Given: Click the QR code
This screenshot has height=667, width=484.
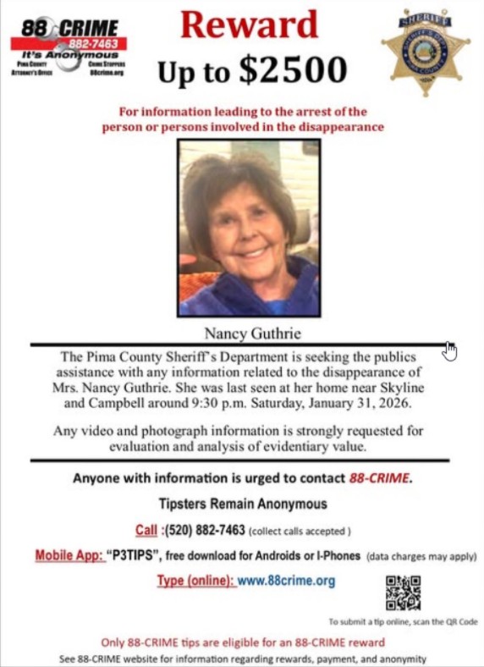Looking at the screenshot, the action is point(403,592).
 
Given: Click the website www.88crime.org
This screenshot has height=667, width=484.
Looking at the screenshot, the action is point(286,581).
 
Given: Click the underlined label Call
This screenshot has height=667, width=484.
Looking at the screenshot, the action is point(146,531).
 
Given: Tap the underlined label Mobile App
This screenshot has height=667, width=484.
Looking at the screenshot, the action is point(69,556).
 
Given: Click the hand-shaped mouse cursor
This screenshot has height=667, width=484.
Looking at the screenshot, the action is point(449,350).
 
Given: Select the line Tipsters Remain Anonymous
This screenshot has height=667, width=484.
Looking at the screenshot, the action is point(242,504).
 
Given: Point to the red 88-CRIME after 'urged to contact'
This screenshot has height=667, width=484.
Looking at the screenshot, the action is point(380,477).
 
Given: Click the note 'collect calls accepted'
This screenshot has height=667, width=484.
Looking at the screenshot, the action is point(300,532).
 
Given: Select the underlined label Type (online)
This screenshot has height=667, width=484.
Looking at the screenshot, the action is point(195,581).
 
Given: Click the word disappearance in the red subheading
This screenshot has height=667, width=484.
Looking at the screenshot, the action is point(341,127).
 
